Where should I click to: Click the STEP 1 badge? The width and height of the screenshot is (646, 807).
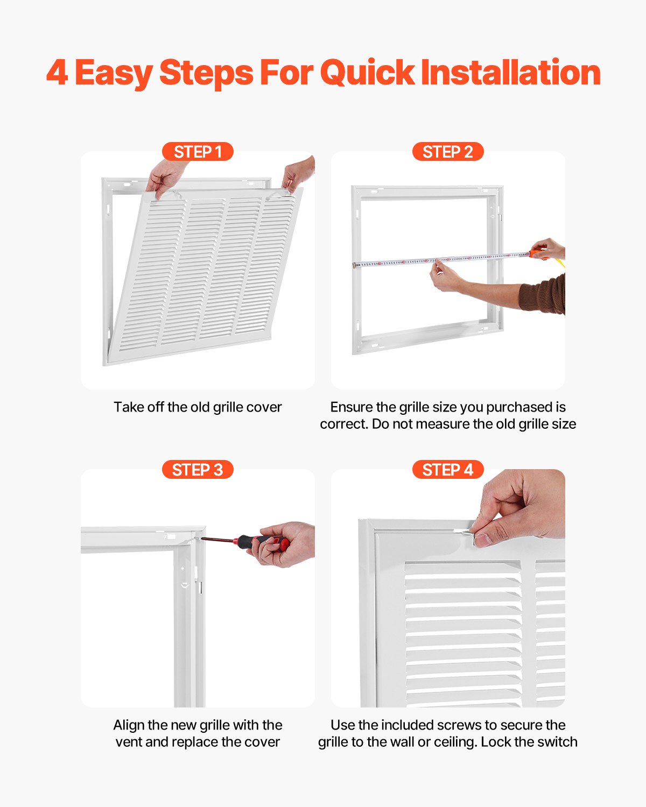pyautogui.click(x=198, y=152)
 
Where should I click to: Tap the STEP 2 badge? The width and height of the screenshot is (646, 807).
pyautogui.click(x=448, y=152)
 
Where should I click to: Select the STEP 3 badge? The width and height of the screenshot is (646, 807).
pyautogui.click(x=198, y=470)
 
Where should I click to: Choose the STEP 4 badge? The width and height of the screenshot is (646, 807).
pyautogui.click(x=448, y=470)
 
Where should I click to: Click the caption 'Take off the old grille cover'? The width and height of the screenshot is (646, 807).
pyautogui.click(x=198, y=407)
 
